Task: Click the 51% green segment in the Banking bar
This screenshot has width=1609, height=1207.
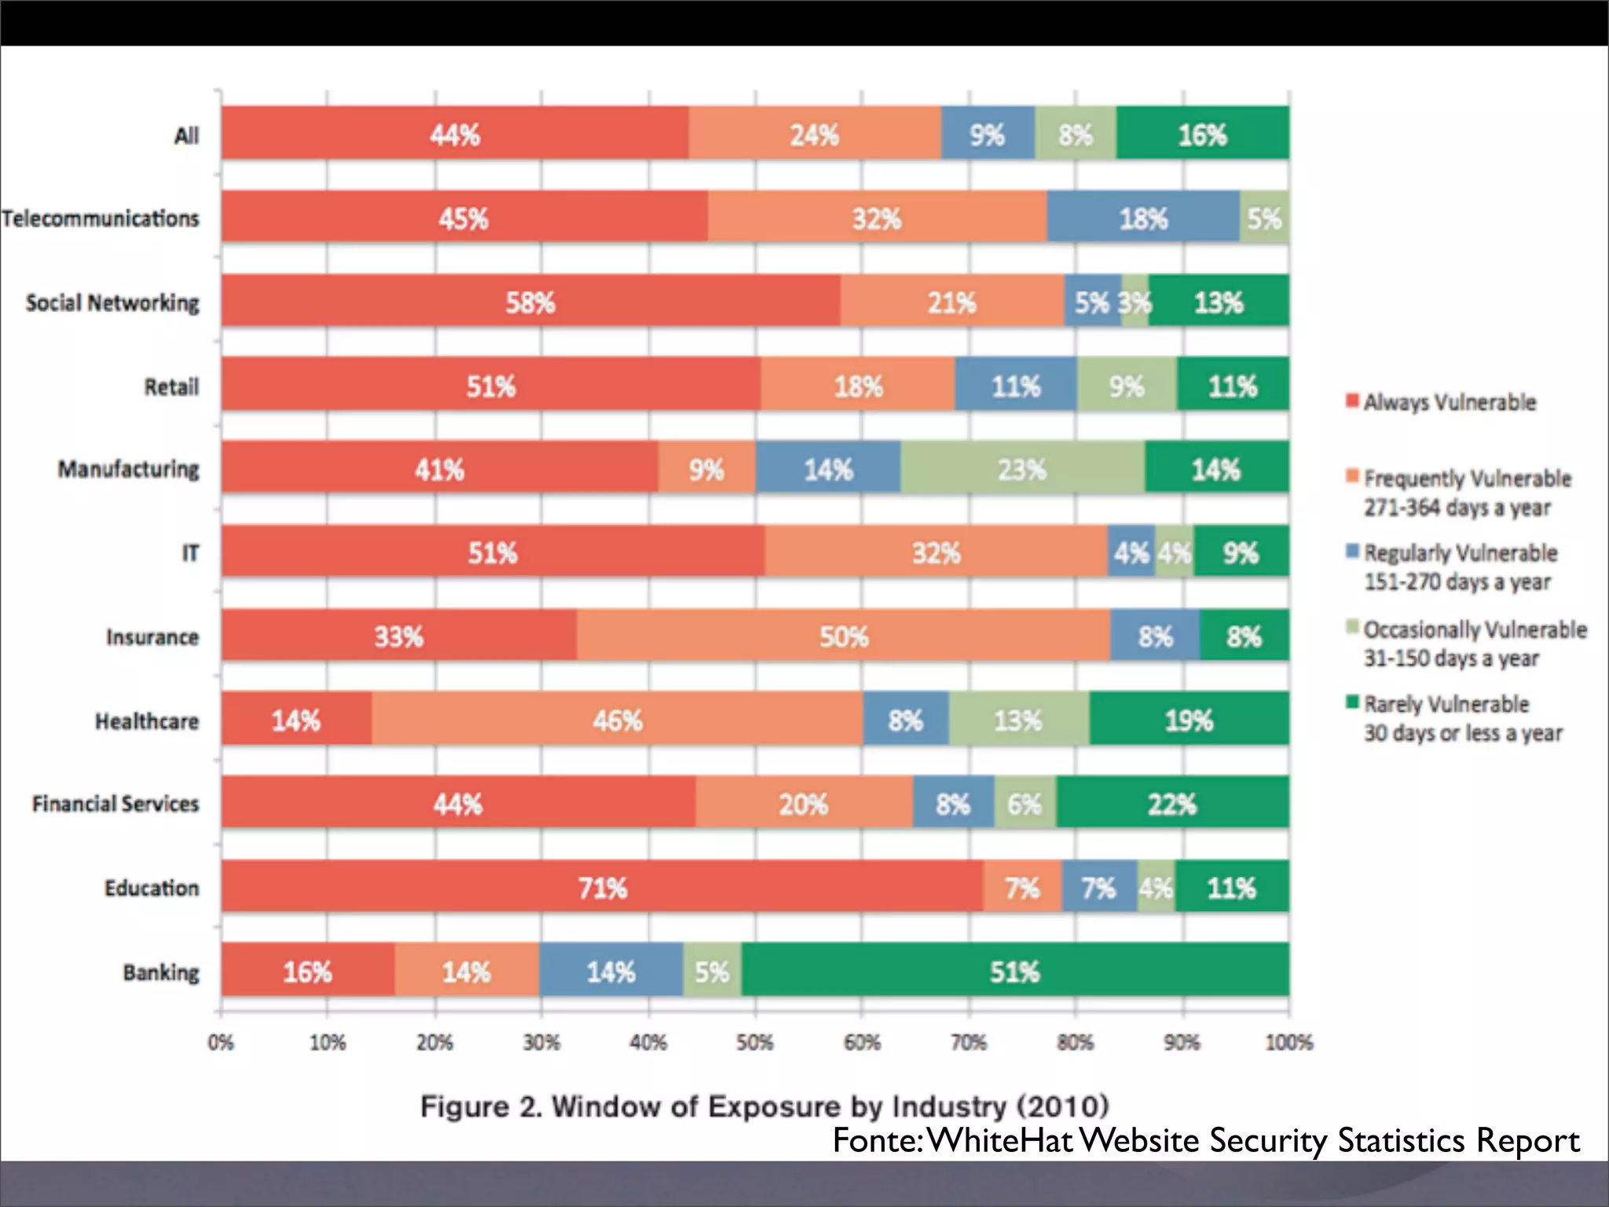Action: coord(1015,970)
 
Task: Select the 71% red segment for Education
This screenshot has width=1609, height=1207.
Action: coord(603,887)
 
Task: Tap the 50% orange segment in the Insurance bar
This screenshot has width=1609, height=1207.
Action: coord(844,635)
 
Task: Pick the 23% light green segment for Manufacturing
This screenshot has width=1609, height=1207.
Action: coord(1022,468)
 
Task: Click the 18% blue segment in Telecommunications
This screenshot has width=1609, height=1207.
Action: coord(1143,218)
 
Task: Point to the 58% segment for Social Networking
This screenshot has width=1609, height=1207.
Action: coord(530,301)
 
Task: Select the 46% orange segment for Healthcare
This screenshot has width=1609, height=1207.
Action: coord(618,719)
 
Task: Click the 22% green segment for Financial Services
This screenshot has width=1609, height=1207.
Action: coord(1172,803)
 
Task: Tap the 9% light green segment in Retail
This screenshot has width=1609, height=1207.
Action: coord(1127,385)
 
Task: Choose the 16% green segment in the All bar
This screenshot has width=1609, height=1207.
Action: coord(1202,134)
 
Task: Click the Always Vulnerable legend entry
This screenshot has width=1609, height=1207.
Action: coord(1449,402)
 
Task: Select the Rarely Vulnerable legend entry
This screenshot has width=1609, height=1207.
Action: coord(1446,704)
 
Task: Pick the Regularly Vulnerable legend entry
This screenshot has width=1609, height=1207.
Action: coord(1460,553)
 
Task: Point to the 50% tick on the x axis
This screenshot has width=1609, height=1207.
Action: coord(755,1043)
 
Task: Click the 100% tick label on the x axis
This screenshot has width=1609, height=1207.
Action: coord(1288,1043)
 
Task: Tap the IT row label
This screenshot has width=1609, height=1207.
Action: coord(190,553)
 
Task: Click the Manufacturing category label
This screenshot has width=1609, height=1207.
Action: coord(129,469)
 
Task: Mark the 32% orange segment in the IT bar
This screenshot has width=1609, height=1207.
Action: coord(936,552)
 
